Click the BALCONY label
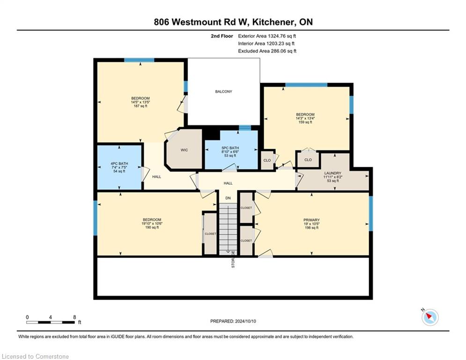[x=223, y=91]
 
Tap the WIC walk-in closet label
[x=184, y=150]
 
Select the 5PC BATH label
[x=230, y=148]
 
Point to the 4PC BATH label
[x=119, y=164]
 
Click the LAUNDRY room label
[x=333, y=173]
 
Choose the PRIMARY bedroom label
[x=311, y=220]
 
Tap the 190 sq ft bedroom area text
[x=152, y=227]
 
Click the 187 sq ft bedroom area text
[x=141, y=106]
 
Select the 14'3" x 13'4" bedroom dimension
[x=305, y=118]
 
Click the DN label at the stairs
[x=228, y=198]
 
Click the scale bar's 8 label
[x=74, y=317]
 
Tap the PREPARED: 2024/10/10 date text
[x=233, y=321]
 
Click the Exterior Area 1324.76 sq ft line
[x=267, y=36]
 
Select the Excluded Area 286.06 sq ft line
[x=267, y=51]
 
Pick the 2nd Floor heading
[x=222, y=36]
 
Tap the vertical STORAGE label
[x=233, y=259]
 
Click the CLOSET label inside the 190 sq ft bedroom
[x=210, y=234]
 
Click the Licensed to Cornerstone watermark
[x=35, y=356]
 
